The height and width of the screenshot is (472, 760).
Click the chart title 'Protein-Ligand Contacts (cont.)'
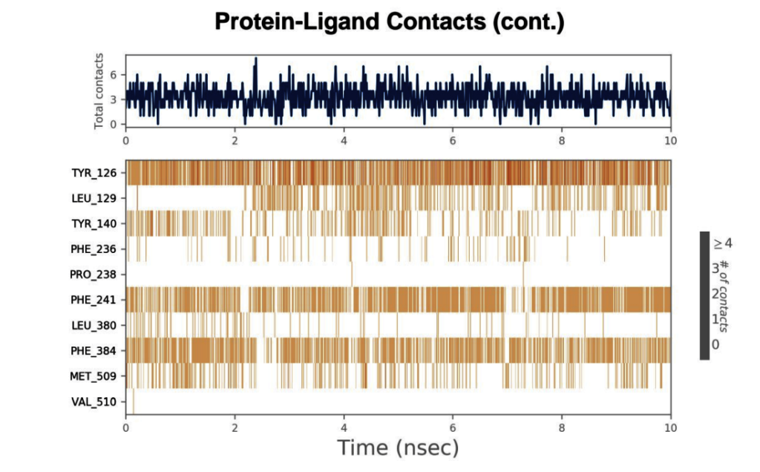pyautogui.click(x=389, y=22)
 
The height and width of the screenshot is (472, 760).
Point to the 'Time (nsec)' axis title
pyautogui.click(x=398, y=448)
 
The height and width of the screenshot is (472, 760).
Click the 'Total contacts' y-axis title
pyautogui.click(x=99, y=91)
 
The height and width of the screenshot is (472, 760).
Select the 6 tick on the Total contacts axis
pyautogui.click(x=114, y=75)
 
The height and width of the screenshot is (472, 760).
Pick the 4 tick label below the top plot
pyautogui.click(x=344, y=140)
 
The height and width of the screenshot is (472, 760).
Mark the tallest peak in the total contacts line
pyautogui.click(x=256, y=59)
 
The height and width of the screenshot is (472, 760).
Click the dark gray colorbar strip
pyautogui.click(x=704, y=295)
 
